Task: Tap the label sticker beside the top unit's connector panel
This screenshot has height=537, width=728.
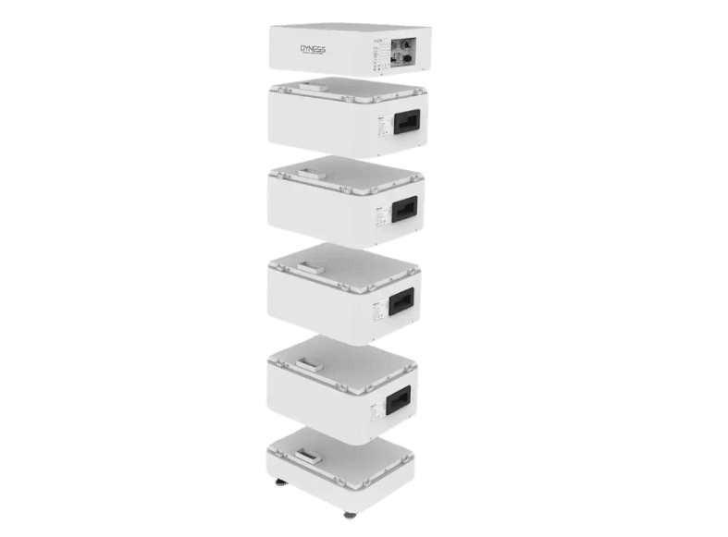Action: point(377,53)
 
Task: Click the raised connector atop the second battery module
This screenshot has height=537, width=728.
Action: point(310,167)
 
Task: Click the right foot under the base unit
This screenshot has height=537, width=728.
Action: point(348,514)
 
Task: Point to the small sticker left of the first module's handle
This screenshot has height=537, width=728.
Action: point(380,123)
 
